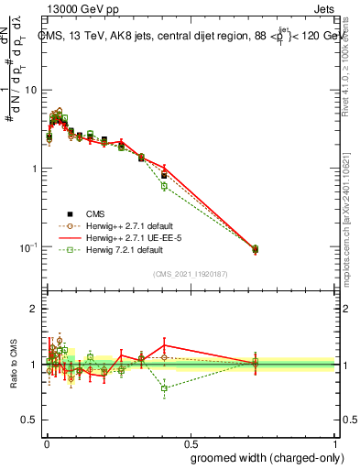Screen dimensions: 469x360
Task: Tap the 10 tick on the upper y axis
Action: click(x=32, y=90)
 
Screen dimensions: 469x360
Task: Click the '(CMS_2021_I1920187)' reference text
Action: click(x=191, y=274)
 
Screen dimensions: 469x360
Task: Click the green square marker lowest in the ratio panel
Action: click(x=164, y=388)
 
